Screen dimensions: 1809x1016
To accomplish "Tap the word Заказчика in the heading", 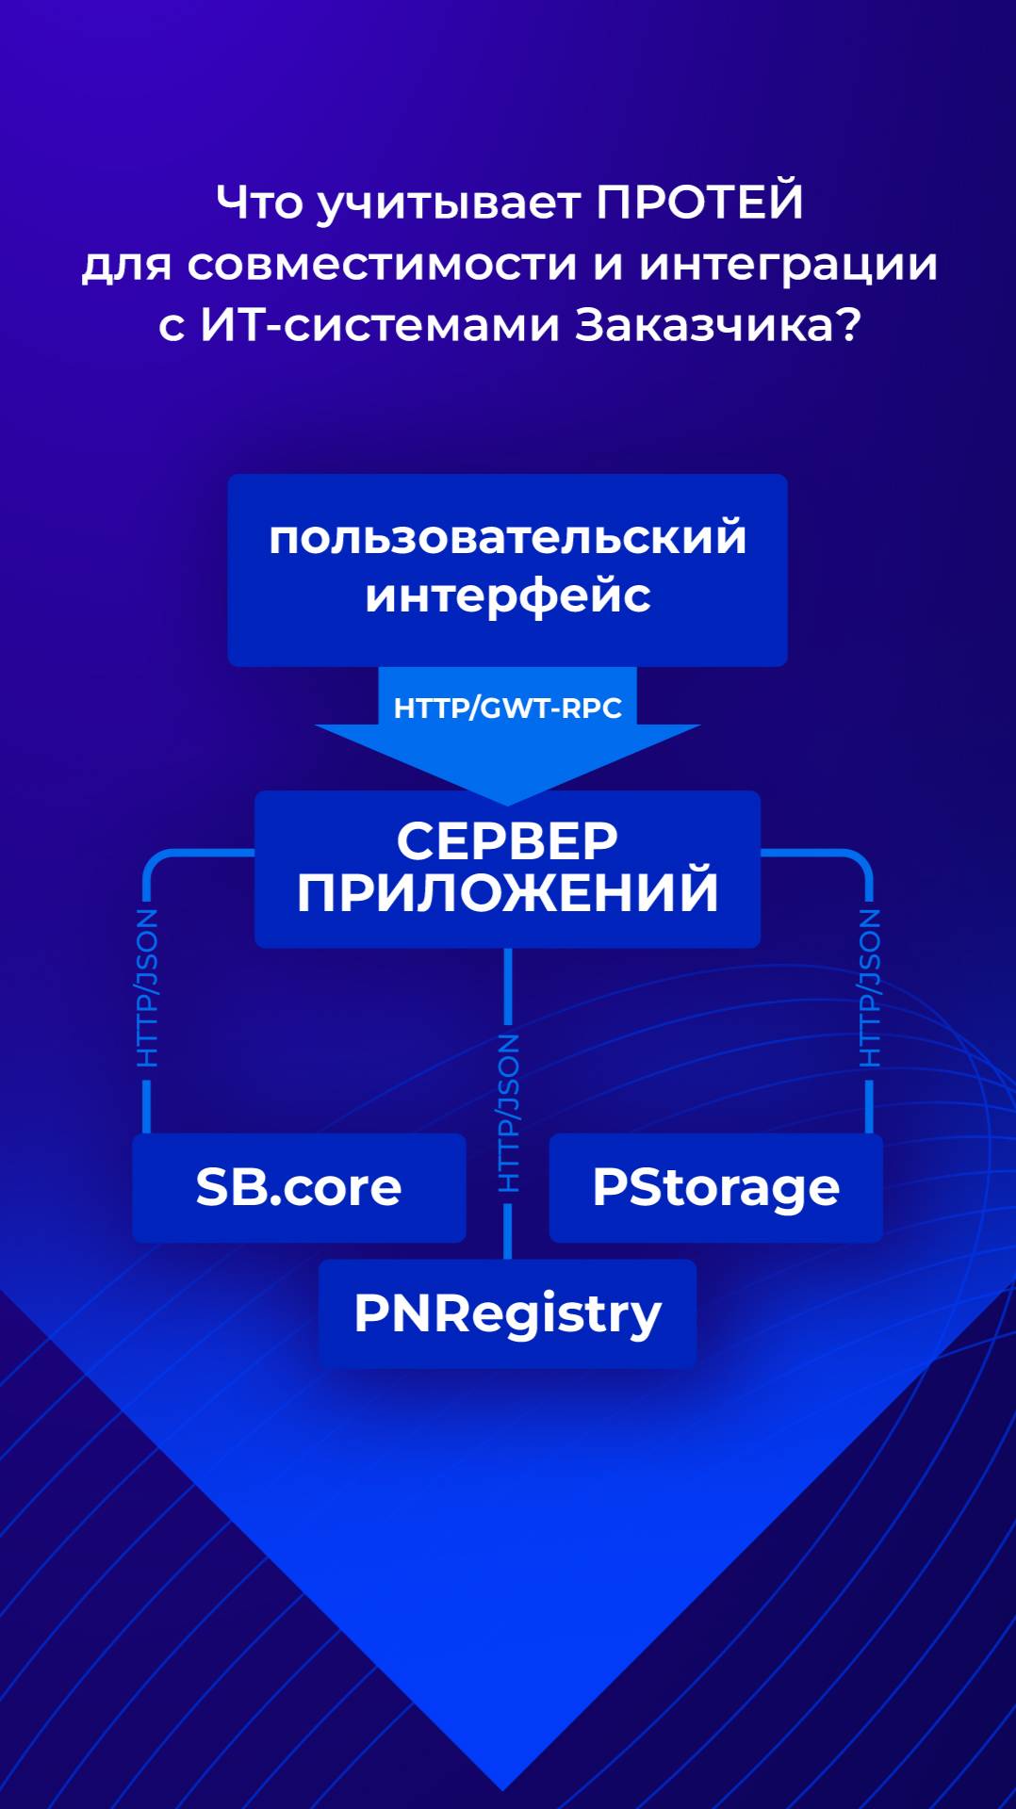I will pyautogui.click(x=703, y=325).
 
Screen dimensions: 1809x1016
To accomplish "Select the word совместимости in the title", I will pyautogui.click(x=382, y=264).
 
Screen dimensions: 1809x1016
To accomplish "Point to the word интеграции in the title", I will pyautogui.click(x=788, y=266).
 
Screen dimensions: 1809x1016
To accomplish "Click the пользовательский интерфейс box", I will pyautogui.click(x=507, y=570).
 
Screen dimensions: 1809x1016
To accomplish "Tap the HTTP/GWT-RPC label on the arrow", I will pyautogui.click(x=507, y=708).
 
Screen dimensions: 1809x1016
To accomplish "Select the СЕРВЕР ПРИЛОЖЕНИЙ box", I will pyautogui.click(x=507, y=869).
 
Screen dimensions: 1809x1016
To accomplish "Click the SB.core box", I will pyautogui.click(x=299, y=1187).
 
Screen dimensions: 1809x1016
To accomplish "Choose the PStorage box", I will pyautogui.click(x=715, y=1187).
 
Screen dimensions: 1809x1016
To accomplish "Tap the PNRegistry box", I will pyautogui.click(x=507, y=1313).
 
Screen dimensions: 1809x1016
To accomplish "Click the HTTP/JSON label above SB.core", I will pyautogui.click(x=147, y=987).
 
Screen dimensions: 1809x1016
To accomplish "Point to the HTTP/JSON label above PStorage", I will pyautogui.click(x=869, y=987).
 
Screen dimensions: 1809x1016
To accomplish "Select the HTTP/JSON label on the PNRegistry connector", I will pyautogui.click(x=508, y=1113).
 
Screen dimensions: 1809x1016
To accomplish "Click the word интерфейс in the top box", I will pyautogui.click(x=507, y=596).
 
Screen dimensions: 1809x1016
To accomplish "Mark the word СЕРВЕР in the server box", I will pyautogui.click(x=507, y=840).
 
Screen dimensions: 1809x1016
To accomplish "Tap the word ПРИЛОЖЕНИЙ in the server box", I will pyautogui.click(x=507, y=893).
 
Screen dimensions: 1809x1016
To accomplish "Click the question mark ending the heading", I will pyautogui.click(x=848, y=325).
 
